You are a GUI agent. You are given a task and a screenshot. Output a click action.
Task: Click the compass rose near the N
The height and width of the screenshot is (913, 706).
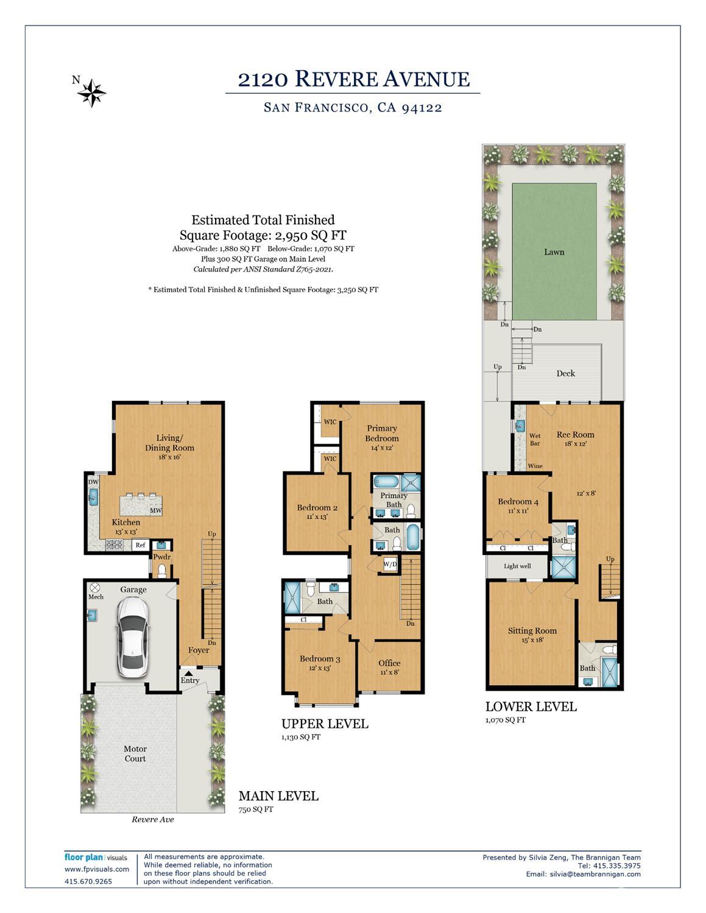coord(91,93)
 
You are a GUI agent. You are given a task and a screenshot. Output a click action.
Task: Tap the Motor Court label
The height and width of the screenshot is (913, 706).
coord(135,753)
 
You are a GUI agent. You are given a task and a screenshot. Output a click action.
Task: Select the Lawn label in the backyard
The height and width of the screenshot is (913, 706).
coord(554,252)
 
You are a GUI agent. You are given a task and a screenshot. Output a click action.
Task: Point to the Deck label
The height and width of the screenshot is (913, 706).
coord(565,373)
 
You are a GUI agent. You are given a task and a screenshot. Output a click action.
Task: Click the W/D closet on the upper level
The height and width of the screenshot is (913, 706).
coord(390,565)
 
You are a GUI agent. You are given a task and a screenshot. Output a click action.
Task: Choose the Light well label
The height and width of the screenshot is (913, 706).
coord(517,566)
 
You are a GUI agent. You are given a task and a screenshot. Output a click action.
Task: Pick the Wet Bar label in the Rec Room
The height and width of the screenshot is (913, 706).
coord(535,439)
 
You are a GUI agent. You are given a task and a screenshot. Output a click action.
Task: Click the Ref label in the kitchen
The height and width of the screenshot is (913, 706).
coord(140,545)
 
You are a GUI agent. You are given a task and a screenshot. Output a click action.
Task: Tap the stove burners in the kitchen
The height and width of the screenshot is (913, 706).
coord(114,545)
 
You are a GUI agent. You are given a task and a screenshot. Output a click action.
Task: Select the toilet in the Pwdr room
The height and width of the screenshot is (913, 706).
coord(162,571)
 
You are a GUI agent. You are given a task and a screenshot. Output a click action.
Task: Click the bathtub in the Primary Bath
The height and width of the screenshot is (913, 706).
coord(386,482)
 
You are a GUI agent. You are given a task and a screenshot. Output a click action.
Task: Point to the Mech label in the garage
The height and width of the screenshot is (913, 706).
coord(96,597)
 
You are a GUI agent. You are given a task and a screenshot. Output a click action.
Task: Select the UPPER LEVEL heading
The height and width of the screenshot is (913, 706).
coord(325,724)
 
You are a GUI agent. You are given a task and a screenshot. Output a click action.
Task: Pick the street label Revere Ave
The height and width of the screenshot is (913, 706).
coord(152,819)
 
